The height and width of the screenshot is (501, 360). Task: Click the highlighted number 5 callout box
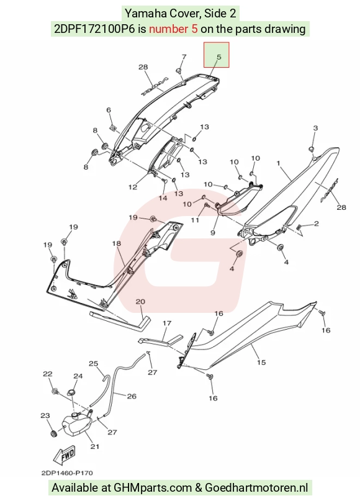217,55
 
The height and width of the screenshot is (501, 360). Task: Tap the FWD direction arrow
65,454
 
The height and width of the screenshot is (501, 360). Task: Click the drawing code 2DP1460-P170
67,473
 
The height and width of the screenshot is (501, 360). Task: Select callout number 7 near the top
184,57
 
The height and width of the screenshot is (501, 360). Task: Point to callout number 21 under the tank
94,446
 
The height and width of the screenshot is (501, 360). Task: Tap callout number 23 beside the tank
45,415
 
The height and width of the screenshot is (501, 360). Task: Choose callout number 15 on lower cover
261,363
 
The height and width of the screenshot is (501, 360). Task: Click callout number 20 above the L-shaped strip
140,302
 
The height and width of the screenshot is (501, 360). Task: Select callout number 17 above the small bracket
167,323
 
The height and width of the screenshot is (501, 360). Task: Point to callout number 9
213,233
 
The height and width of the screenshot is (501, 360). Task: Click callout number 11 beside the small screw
195,220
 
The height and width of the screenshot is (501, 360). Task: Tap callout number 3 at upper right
315,128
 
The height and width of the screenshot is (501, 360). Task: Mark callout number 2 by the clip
316,223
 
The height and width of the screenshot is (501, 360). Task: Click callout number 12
133,187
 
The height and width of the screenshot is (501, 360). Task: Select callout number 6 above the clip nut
109,110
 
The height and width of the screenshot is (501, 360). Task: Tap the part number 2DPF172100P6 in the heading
94,29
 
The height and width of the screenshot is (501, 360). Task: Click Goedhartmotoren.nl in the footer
256,488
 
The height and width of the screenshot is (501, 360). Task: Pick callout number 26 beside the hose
132,396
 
